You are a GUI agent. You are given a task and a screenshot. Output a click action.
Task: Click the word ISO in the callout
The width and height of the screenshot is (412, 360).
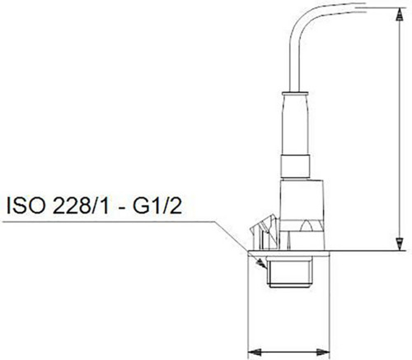pos(25,205)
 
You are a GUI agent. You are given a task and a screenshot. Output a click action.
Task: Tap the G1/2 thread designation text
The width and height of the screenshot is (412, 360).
pos(157,205)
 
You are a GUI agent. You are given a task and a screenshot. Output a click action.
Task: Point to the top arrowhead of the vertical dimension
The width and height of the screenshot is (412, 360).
pos(399,14)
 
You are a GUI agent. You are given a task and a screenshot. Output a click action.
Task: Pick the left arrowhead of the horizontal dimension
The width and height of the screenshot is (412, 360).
pos(255,352)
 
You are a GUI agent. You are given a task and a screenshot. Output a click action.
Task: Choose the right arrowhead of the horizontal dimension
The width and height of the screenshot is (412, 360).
pos(323,352)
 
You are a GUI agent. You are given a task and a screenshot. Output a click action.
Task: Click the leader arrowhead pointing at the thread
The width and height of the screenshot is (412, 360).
pos(261,264)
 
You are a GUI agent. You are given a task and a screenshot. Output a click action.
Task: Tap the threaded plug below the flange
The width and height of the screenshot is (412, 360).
pos(290,273)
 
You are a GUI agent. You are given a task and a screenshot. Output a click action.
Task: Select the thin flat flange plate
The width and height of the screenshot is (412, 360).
pos(288,254)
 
